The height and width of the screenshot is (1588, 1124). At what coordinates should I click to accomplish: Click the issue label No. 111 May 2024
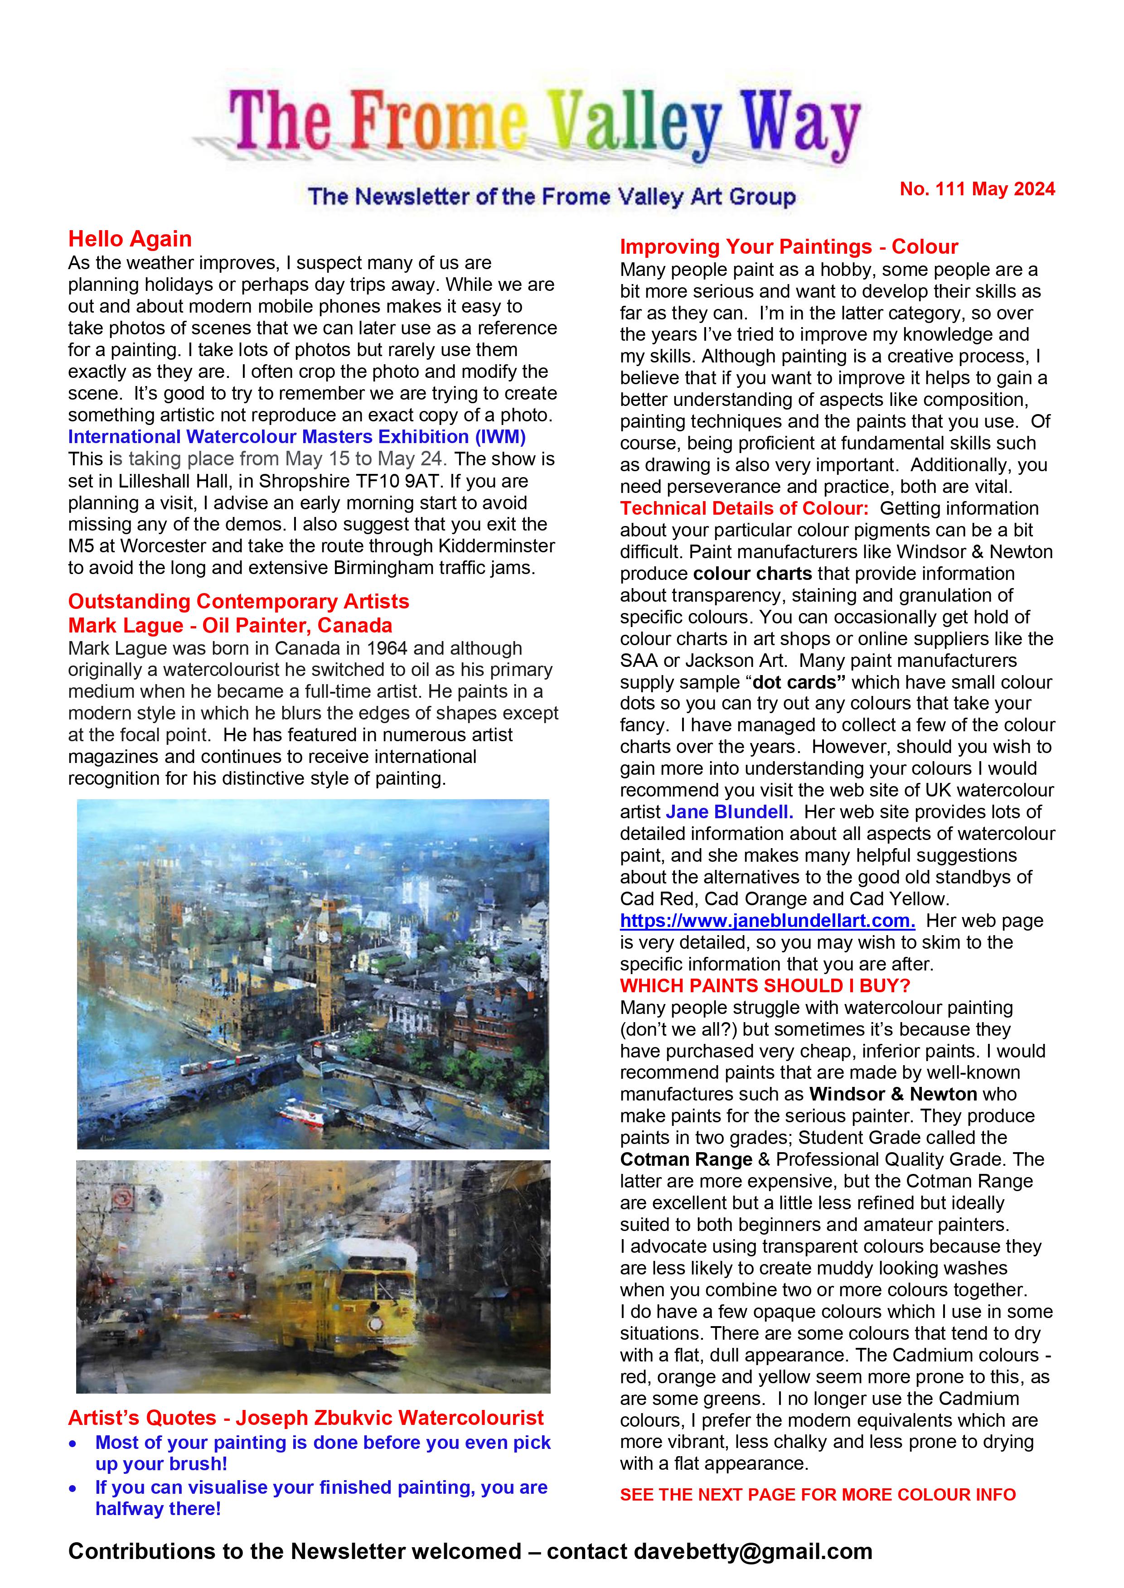point(977,189)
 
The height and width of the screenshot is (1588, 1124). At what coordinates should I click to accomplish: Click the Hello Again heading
point(130,239)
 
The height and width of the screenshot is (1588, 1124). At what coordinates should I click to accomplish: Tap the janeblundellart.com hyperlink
point(767,920)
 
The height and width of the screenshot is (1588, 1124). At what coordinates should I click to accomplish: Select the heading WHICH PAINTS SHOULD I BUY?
point(765,985)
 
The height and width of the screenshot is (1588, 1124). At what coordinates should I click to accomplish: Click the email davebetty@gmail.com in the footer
point(752,1551)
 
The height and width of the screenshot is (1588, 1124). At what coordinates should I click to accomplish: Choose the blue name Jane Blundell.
point(730,811)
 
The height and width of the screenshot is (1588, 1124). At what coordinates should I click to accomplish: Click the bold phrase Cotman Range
point(686,1159)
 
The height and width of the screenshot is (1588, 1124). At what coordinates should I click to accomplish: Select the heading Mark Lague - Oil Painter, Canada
point(230,626)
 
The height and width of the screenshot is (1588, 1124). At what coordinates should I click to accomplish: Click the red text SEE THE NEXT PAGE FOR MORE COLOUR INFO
point(817,1495)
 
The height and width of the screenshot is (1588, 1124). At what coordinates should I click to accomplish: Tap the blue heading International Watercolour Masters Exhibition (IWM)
point(297,437)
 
